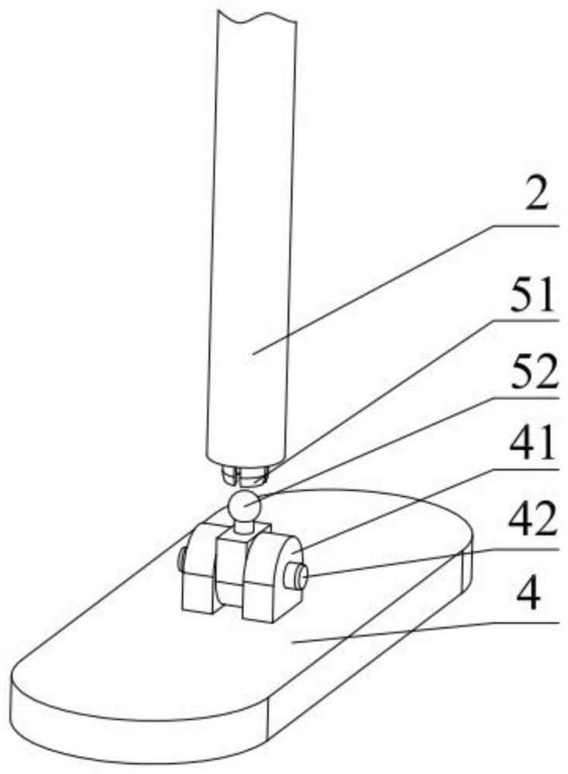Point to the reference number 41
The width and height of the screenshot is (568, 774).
(x=532, y=443)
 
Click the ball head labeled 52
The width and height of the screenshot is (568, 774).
(x=244, y=504)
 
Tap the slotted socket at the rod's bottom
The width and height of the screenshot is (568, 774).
(x=245, y=475)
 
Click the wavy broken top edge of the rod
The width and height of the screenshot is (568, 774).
(x=256, y=17)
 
